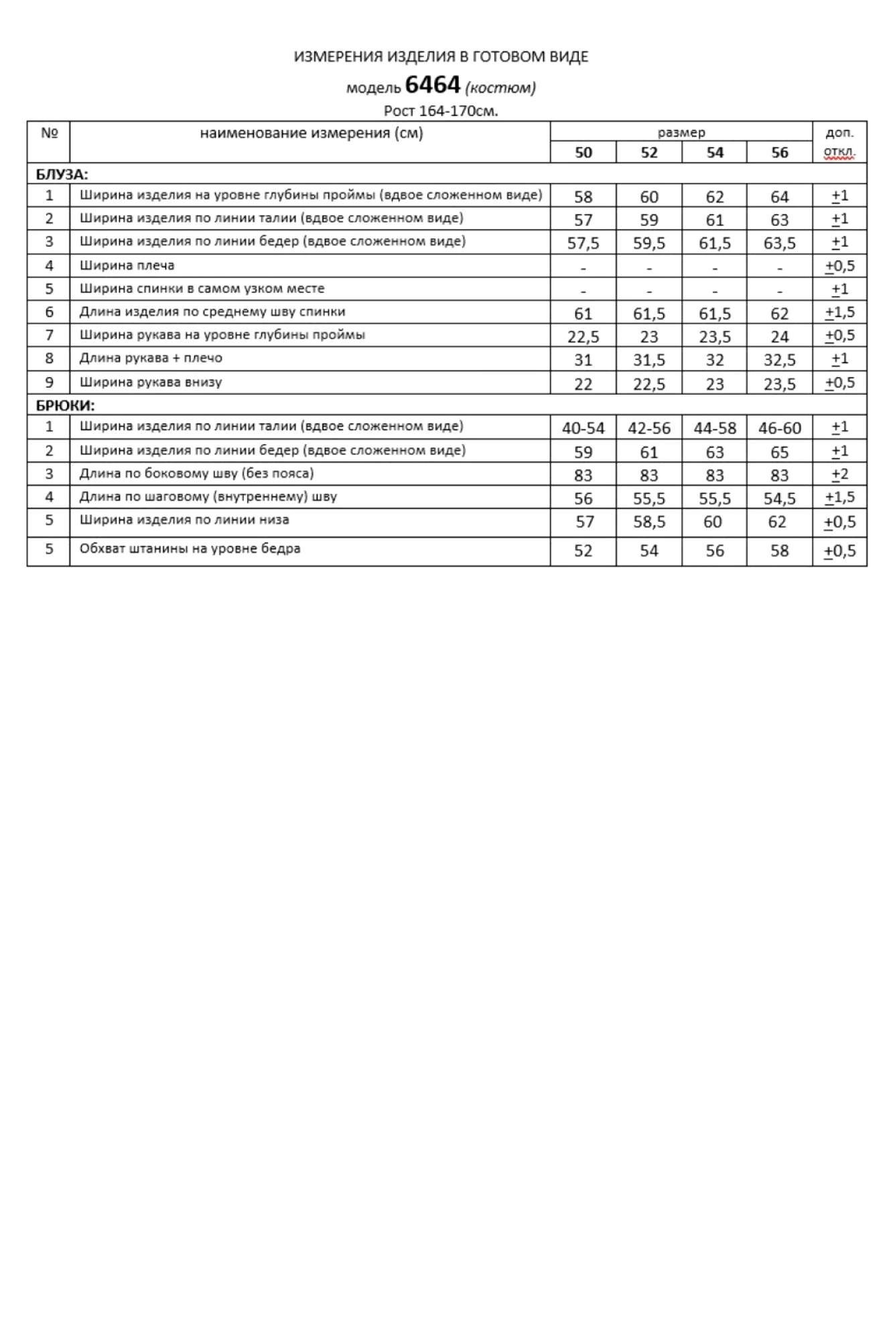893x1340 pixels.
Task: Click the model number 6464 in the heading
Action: tap(433, 85)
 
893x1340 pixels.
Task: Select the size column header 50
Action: tap(583, 153)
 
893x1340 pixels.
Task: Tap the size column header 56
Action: tap(779, 153)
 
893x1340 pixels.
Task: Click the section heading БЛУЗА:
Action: tap(62, 175)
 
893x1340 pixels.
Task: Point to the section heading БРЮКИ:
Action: tap(65, 405)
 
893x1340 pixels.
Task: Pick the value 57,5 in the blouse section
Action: tap(583, 243)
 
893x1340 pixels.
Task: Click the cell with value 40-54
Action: tap(583, 428)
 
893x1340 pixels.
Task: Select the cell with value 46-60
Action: tap(779, 428)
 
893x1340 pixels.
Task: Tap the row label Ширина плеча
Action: tap(127, 265)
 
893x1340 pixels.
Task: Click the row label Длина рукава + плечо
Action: tap(151, 358)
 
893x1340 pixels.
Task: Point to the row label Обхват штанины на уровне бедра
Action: tap(190, 549)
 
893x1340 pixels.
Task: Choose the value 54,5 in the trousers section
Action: tap(779, 498)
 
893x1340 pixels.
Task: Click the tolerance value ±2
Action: tap(839, 475)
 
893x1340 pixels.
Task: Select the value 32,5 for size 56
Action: tap(779, 360)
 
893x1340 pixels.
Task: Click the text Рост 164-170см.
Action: tap(441, 111)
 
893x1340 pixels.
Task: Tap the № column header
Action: tap(49, 133)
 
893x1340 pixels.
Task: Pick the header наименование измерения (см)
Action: tap(312, 133)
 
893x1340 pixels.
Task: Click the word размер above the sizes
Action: tap(681, 133)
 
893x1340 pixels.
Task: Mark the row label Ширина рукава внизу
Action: tap(151, 383)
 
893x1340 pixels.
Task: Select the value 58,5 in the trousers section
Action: tap(648, 522)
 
